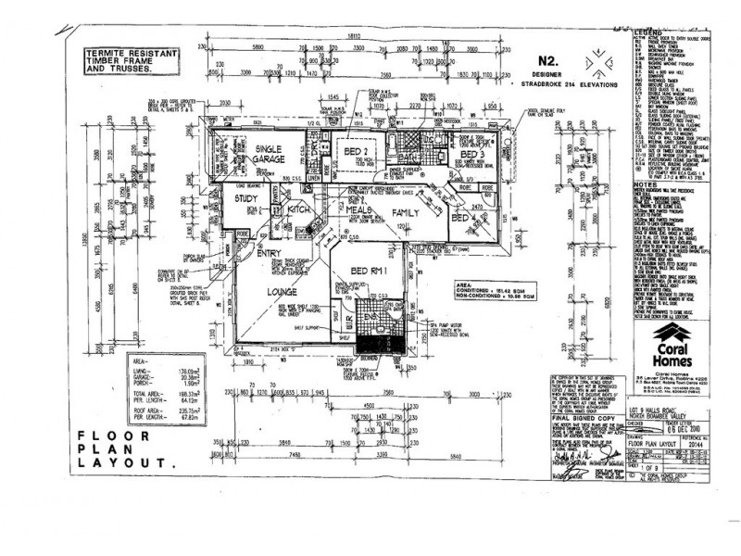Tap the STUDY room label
coord(245,198)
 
